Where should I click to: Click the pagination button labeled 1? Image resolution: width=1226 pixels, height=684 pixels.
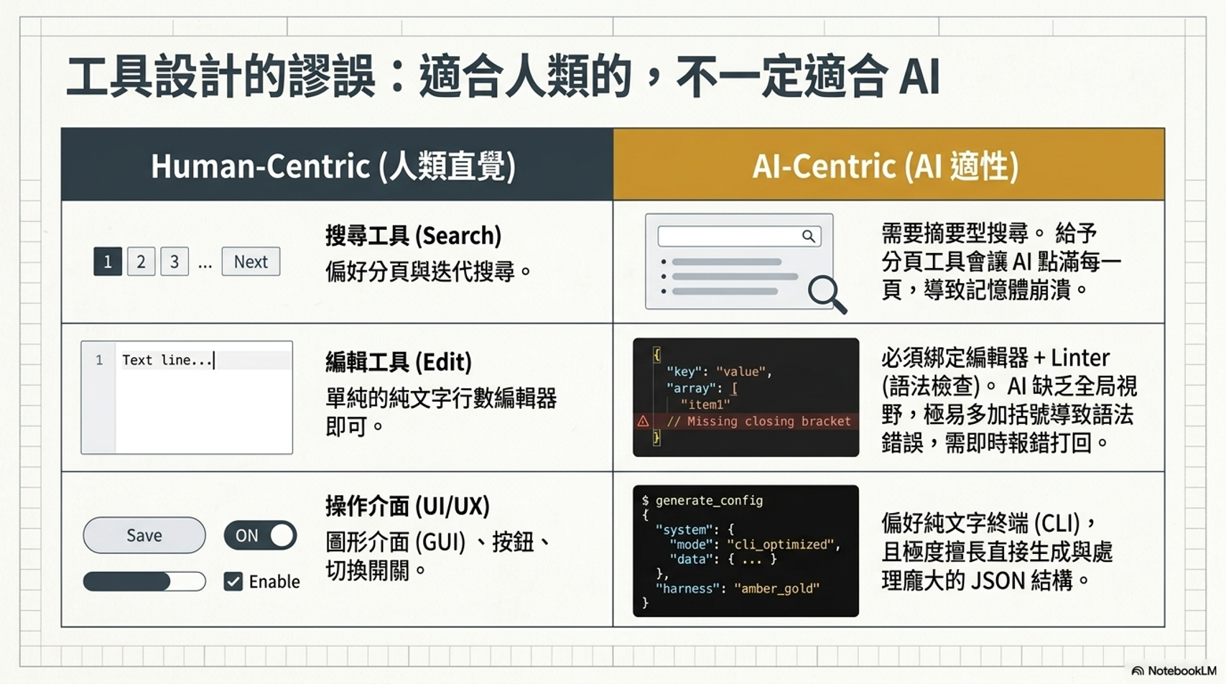[108, 262]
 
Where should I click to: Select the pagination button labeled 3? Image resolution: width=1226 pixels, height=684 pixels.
[175, 262]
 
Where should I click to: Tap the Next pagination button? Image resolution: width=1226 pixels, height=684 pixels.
[251, 262]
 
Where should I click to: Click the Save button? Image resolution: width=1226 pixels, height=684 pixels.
[144, 535]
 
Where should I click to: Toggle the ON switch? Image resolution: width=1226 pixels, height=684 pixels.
[261, 535]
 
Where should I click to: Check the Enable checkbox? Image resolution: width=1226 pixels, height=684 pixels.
[233, 581]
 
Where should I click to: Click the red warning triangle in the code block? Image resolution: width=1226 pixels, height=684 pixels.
[643, 421]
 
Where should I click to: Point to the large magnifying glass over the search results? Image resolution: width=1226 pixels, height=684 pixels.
[827, 295]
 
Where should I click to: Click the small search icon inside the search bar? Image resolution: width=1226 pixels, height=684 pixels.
[809, 236]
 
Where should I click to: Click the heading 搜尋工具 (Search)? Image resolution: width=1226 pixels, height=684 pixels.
[413, 236]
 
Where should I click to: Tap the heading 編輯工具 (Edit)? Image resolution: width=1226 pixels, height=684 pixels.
[399, 362]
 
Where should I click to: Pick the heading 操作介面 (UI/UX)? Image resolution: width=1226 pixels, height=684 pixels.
[408, 506]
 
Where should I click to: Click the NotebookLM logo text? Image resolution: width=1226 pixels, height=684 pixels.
[1181, 671]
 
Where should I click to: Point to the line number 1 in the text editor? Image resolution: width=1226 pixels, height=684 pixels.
[99, 360]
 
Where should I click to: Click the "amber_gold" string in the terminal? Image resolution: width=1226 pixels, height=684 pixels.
[776, 588]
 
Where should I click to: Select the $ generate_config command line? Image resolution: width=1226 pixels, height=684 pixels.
[702, 501]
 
